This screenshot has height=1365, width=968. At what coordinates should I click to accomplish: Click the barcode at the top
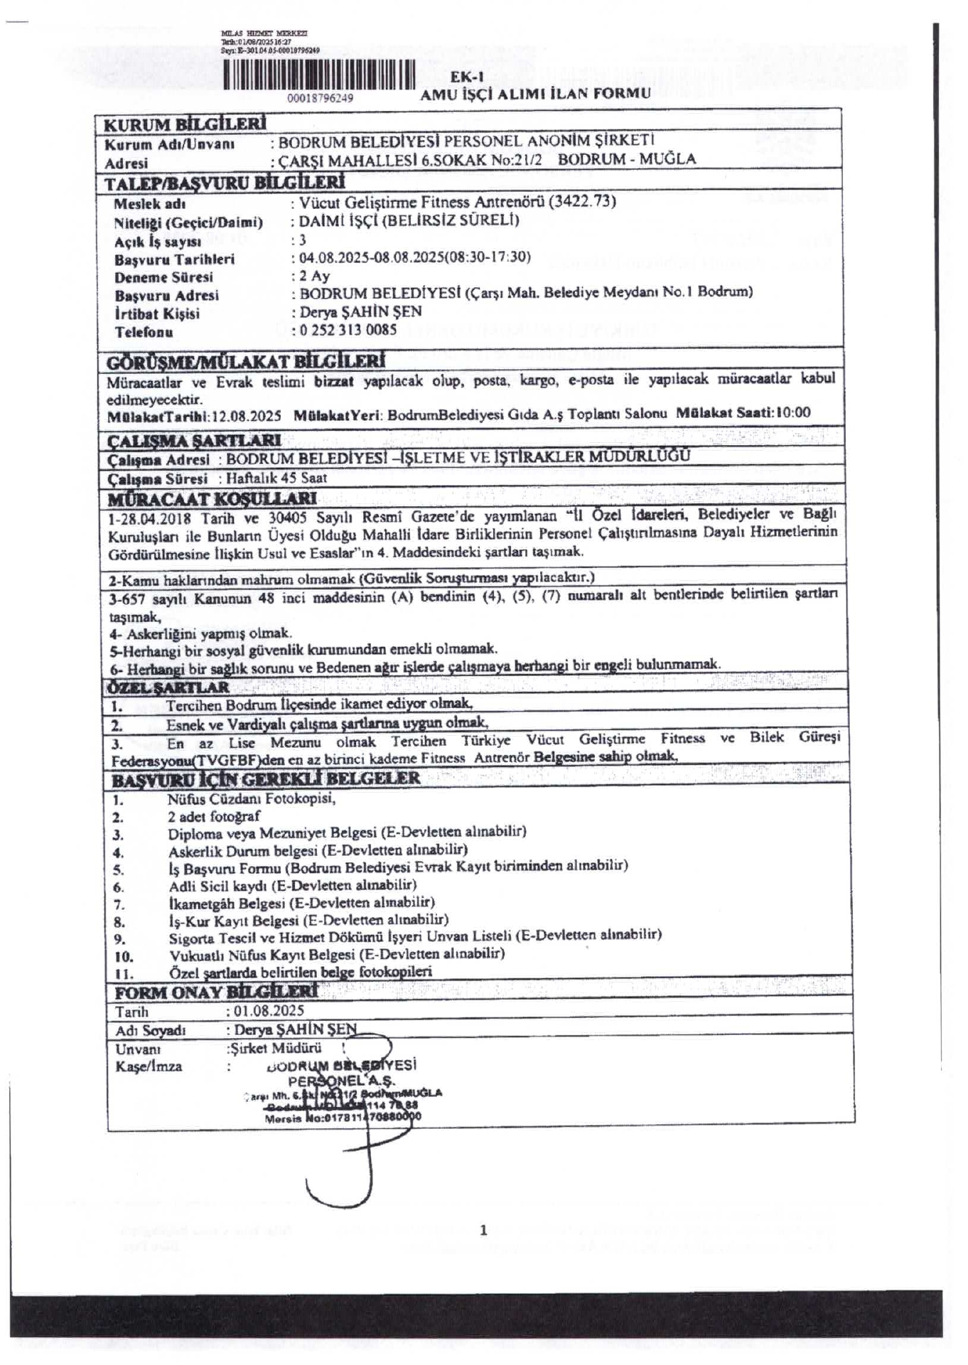point(318,76)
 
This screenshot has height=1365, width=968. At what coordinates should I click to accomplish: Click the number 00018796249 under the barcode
point(320,98)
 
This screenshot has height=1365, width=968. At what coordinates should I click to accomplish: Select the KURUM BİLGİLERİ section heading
point(185,124)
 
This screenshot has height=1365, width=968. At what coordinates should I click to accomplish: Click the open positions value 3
point(303,240)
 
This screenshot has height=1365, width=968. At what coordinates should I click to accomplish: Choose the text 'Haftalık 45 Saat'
point(276,478)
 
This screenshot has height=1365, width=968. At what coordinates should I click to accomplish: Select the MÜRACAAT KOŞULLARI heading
point(213,498)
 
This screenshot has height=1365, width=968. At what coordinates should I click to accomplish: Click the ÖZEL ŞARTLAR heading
point(168,687)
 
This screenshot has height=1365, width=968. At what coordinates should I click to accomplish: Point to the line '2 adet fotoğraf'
point(214,816)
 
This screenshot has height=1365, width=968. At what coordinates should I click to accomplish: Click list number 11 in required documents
point(124,974)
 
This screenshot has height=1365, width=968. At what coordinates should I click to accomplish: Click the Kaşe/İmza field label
point(149,1066)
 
